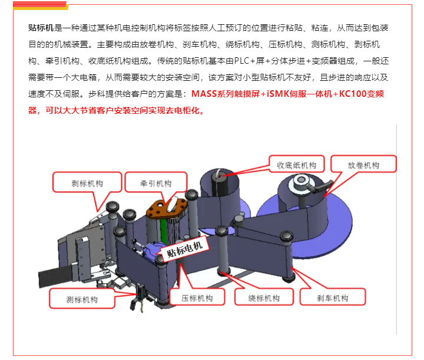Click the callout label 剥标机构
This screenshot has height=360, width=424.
87,184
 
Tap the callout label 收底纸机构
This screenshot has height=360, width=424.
297,165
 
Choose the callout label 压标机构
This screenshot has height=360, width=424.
197,298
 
